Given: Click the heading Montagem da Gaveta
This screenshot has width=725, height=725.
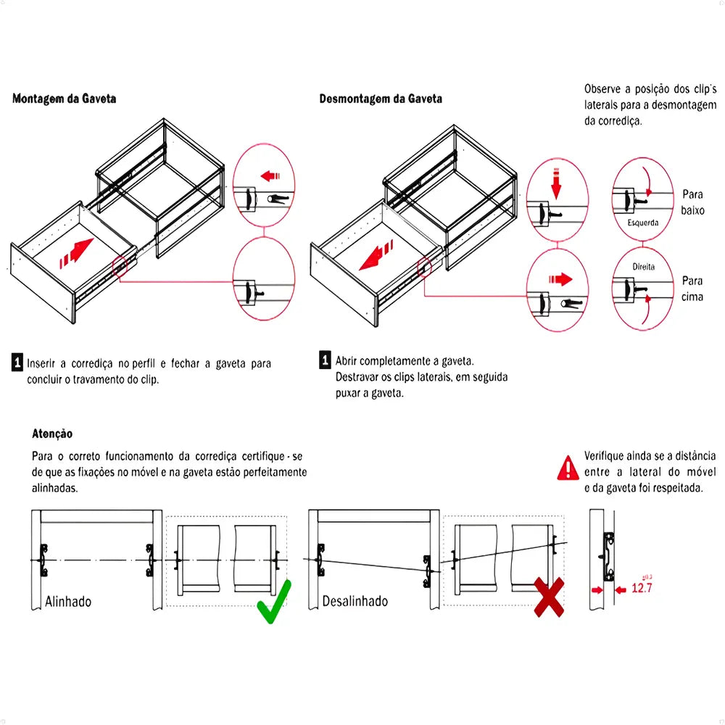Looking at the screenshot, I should [x=64, y=99].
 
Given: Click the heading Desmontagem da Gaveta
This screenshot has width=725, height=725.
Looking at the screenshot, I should [x=381, y=99].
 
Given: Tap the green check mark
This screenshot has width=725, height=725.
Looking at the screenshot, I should [x=274, y=601].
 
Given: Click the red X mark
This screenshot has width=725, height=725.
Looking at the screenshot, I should [x=550, y=597].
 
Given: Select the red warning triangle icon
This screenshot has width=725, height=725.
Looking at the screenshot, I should [x=568, y=467].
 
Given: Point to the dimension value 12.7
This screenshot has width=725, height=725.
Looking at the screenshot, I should [x=642, y=587].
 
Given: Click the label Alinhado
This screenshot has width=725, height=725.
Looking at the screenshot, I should [x=68, y=601].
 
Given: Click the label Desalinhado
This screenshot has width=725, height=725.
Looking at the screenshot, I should [x=355, y=601].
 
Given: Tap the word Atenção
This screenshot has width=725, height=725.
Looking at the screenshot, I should [x=52, y=434].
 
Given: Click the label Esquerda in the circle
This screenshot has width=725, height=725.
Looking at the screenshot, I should [x=643, y=223].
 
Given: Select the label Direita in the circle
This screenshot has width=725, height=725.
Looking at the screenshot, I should [x=643, y=266].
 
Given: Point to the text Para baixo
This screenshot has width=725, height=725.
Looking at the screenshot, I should [x=692, y=202].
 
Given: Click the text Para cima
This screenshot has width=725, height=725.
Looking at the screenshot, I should [x=692, y=289].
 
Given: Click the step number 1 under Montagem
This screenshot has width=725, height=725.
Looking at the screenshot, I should [x=17, y=362].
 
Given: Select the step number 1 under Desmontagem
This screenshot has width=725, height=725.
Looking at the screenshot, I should [x=326, y=360].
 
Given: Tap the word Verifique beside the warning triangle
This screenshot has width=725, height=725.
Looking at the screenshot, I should [x=608, y=456].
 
